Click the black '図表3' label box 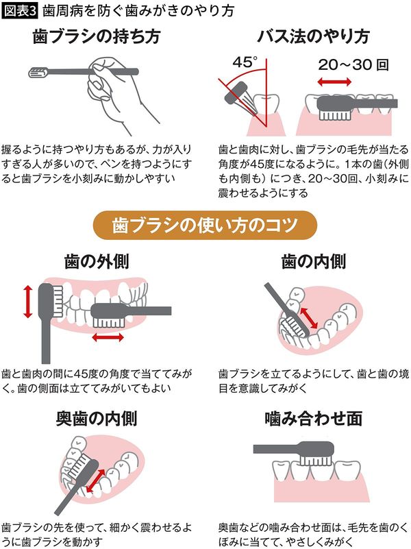tap(20, 11)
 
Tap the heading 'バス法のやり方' tap(312, 37)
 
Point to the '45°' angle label tap(245, 62)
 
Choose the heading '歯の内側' tap(314, 260)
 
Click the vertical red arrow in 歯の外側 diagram tap(28, 302)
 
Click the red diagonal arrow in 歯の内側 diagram tap(310, 317)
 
